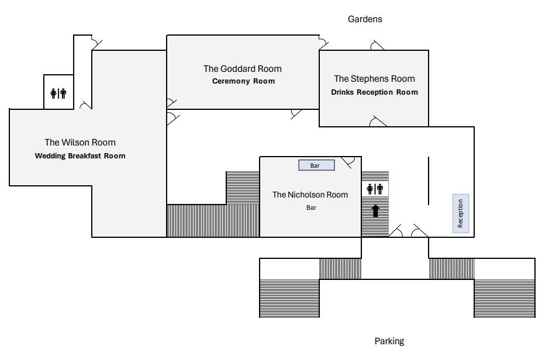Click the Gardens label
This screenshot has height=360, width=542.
click(x=365, y=19)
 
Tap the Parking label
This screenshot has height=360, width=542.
click(x=389, y=341)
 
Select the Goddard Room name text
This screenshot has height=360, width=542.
click(x=242, y=69)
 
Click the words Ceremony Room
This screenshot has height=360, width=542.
click(x=243, y=81)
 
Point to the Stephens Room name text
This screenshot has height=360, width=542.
click(x=374, y=79)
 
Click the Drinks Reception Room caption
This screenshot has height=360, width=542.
click(x=374, y=92)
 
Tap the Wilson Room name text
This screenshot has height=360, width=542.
click(x=80, y=143)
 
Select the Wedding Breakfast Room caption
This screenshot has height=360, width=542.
click(x=80, y=156)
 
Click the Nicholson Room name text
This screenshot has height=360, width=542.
click(x=310, y=195)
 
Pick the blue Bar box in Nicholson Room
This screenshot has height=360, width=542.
click(x=316, y=165)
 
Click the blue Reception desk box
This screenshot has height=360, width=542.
click(x=461, y=213)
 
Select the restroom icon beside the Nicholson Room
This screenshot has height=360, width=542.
click(x=375, y=189)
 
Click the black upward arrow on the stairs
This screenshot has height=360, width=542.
click(x=375, y=210)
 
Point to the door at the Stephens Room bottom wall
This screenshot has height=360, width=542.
click(x=378, y=122)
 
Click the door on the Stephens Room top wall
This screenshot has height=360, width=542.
click(x=377, y=46)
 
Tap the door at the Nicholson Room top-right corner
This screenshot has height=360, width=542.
click(x=350, y=162)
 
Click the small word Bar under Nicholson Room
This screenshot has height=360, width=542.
click(x=311, y=207)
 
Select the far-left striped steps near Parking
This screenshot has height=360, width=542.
click(x=289, y=298)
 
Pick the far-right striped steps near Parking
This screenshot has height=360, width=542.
click(x=504, y=298)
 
